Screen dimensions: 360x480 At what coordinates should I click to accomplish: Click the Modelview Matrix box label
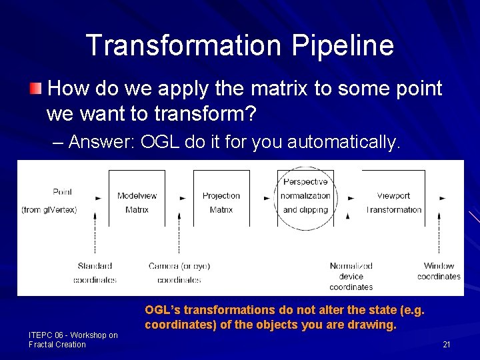click(x=137, y=203)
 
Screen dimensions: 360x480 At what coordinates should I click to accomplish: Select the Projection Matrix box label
click(x=221, y=203)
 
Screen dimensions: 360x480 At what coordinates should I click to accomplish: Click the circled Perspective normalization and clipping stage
click(x=305, y=196)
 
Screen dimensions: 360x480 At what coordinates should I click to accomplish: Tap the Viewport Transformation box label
click(x=393, y=203)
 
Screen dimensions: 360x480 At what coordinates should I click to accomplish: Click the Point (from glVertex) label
click(x=59, y=201)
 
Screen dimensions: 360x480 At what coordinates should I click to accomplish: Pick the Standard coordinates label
click(x=95, y=273)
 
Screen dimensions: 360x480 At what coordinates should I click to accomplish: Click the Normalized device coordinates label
click(x=351, y=276)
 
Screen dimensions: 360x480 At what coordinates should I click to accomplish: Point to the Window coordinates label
click(x=439, y=271)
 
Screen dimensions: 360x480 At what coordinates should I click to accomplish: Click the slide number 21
click(x=447, y=345)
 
